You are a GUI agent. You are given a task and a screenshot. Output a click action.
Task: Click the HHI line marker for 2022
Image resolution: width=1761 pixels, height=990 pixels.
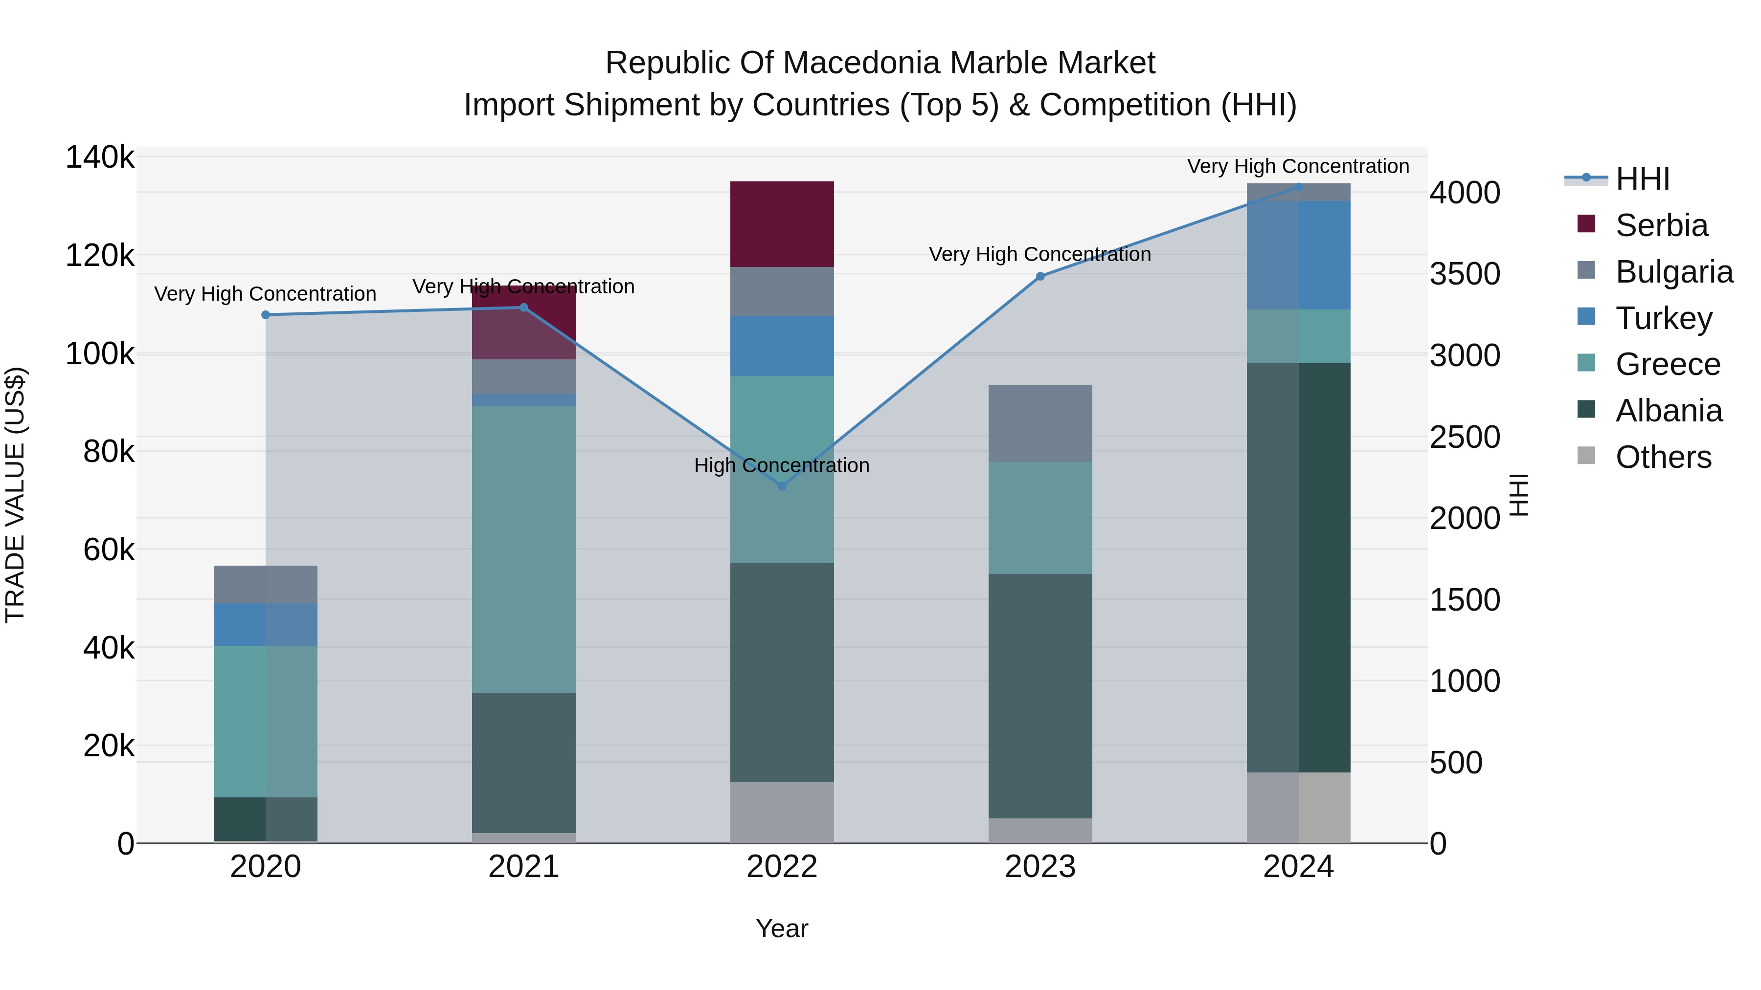[x=782, y=486]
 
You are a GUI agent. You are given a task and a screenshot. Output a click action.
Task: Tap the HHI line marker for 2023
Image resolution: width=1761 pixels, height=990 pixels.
[x=1040, y=277]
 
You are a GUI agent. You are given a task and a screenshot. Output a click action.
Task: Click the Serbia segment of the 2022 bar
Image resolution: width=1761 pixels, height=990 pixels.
[x=782, y=224]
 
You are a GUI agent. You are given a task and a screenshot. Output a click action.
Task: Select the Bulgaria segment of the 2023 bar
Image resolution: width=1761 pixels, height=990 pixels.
[x=1040, y=423]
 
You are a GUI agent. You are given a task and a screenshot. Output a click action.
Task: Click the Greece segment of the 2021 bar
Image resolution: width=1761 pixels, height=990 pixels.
[x=523, y=550]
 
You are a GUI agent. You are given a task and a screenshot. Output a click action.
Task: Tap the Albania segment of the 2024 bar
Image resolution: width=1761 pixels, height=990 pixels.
[x=1299, y=567]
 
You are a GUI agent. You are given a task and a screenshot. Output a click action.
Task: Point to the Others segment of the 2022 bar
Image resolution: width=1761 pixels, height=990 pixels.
[x=782, y=813]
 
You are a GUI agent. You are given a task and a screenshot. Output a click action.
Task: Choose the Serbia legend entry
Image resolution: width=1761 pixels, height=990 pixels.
[x=1661, y=225]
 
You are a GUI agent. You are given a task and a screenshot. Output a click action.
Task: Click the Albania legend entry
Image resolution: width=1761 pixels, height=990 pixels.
[x=1668, y=411]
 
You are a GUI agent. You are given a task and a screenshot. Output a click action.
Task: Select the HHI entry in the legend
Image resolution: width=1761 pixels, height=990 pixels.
[x=1642, y=179]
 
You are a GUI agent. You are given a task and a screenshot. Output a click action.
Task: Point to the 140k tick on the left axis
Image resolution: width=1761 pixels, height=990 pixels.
[x=100, y=158]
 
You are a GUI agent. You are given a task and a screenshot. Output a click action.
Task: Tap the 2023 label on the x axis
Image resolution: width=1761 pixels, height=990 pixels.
[x=1040, y=867]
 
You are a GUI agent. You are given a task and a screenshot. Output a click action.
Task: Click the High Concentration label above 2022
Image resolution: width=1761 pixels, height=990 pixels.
[x=782, y=465]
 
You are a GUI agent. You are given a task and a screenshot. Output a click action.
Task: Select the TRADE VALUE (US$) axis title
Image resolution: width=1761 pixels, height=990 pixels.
[x=15, y=495]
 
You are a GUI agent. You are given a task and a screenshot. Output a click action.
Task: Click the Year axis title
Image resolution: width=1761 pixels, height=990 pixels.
[x=782, y=928]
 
